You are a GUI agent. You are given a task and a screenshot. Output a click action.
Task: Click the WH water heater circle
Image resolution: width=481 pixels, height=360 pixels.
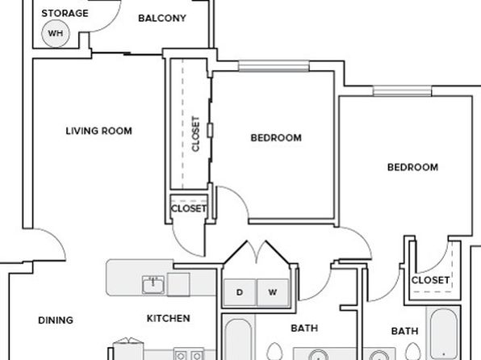(56, 33)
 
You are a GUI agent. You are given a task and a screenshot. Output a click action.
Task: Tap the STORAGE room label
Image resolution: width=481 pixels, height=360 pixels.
(65, 13)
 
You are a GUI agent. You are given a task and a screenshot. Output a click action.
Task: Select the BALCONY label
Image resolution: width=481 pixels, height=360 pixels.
(162, 18)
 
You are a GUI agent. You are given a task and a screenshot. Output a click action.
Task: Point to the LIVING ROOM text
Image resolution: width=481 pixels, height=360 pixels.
(98, 131)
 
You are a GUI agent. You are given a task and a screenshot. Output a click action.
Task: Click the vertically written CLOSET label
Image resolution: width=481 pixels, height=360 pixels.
(196, 133)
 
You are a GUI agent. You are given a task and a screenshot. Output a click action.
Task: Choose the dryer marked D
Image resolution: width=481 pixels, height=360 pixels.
(240, 292)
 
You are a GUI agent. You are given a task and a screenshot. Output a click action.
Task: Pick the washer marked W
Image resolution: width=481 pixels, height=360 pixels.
(273, 292)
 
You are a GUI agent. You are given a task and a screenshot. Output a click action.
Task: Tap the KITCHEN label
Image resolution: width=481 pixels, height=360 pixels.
(169, 318)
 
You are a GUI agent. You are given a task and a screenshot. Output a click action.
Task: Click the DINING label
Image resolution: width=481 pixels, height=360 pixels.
(56, 320)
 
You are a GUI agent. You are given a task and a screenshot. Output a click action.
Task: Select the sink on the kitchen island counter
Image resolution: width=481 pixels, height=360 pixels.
(153, 285)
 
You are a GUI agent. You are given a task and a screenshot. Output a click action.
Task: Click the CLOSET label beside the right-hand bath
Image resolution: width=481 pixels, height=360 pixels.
(430, 280)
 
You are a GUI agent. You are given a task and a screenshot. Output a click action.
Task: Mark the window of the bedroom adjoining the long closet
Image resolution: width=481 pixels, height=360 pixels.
(274, 66)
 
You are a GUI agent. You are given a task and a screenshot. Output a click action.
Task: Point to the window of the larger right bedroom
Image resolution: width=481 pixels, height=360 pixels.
(402, 91)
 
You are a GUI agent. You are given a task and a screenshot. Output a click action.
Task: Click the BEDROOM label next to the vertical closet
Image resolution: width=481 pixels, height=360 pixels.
(276, 138)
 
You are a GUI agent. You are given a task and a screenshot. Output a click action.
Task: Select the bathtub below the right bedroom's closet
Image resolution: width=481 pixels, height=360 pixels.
(444, 334)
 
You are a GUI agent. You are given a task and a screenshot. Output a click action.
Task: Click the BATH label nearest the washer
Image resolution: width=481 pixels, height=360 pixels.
(304, 328)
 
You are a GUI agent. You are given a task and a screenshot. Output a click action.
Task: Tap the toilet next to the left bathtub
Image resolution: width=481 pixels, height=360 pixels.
(274, 351)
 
